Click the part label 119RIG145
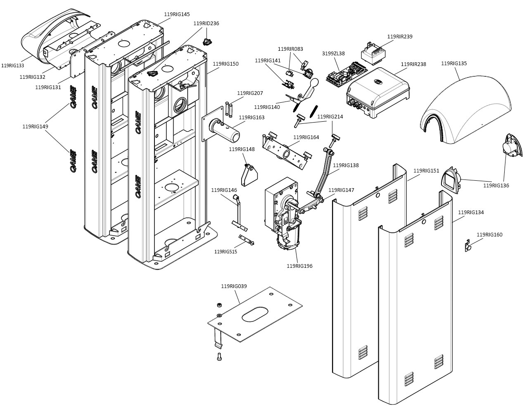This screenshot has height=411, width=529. pos(177,14)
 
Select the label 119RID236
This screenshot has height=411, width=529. pos(206,24)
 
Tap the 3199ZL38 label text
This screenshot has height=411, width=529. pos(333,54)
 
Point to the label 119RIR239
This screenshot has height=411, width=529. pos(400,37)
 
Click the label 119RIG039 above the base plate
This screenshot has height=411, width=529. pos(234,286)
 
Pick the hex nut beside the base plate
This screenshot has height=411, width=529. pos(218,305)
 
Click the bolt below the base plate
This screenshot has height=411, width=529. pos(219,357)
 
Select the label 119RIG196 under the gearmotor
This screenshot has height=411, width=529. pos(299,266)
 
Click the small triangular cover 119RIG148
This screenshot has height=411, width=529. pos(249,175)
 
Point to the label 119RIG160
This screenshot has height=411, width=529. pos(489,235)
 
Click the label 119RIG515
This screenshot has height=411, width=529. pos(225,251)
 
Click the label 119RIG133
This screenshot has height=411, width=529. pos(12,66)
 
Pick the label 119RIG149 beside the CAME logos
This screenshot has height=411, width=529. pos(35,127)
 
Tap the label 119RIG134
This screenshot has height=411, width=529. pos(471,213)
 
